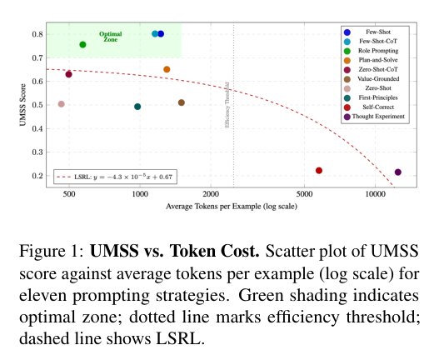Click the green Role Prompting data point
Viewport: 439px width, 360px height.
click(x=82, y=44)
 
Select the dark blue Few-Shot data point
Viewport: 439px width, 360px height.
click(x=161, y=34)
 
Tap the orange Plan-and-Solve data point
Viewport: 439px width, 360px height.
click(x=167, y=69)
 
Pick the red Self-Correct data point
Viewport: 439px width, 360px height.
click(x=319, y=170)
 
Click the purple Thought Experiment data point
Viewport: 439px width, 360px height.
click(x=398, y=172)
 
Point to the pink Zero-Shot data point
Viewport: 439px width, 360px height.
click(x=62, y=104)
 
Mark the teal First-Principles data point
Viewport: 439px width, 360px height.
click(x=137, y=107)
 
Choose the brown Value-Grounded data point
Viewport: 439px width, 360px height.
click(x=182, y=102)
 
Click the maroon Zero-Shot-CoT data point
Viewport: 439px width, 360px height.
click(x=68, y=74)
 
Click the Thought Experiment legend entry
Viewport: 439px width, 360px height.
click(x=374, y=117)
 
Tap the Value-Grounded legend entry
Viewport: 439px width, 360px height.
click(x=372, y=79)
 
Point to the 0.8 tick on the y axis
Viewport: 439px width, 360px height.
click(x=37, y=34)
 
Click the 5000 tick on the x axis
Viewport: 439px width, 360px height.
click(x=304, y=194)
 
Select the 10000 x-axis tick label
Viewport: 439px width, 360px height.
click(x=375, y=194)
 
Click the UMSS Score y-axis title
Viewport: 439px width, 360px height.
click(x=23, y=105)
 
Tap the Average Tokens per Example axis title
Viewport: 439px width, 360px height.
click(x=232, y=207)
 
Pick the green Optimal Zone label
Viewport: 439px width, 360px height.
click(x=111, y=37)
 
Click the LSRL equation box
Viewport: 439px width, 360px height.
click(x=115, y=177)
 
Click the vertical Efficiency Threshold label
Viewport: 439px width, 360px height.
click(x=227, y=105)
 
